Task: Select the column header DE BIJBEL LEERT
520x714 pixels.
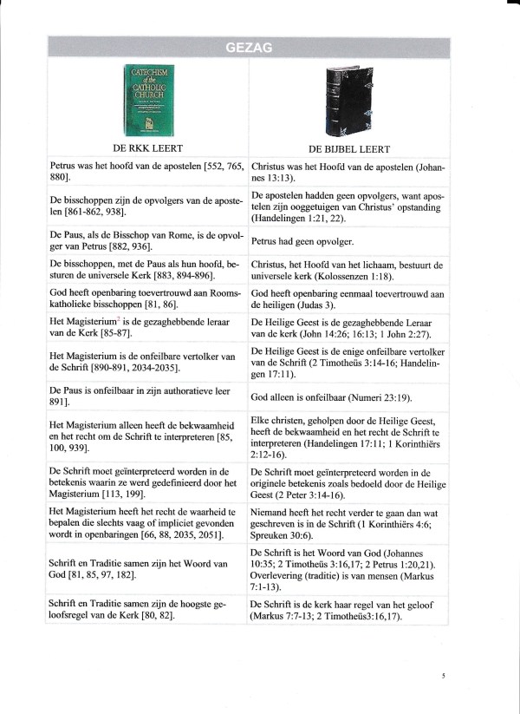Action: coord(348,148)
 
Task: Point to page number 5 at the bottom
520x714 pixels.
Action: coord(443,673)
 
